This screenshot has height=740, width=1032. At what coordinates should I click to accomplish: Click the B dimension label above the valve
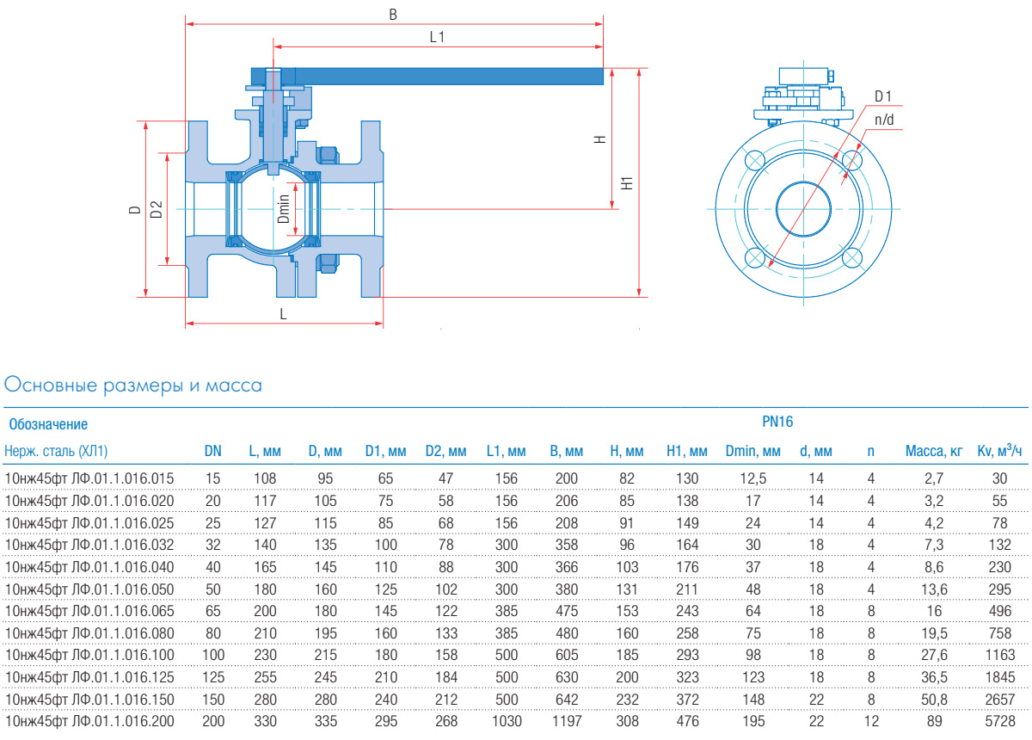click(393, 14)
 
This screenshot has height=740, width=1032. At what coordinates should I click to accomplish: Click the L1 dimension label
click(438, 37)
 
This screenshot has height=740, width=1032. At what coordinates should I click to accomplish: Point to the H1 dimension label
click(628, 182)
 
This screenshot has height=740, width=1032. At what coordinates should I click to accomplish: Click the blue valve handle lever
click(430, 77)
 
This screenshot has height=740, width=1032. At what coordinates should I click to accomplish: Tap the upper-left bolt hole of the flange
click(754, 161)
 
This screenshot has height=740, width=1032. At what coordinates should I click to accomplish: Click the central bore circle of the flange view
click(803, 208)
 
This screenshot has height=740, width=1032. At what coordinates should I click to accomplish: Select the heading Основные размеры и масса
click(133, 385)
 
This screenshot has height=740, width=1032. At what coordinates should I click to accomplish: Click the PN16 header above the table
click(777, 422)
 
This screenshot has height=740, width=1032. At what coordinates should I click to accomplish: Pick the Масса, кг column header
click(931, 451)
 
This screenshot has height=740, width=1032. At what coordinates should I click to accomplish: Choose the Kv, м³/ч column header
click(999, 451)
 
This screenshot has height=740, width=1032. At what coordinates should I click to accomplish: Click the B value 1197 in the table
click(566, 720)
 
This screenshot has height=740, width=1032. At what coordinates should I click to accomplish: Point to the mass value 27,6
click(933, 655)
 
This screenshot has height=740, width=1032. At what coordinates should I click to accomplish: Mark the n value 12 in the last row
click(871, 720)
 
